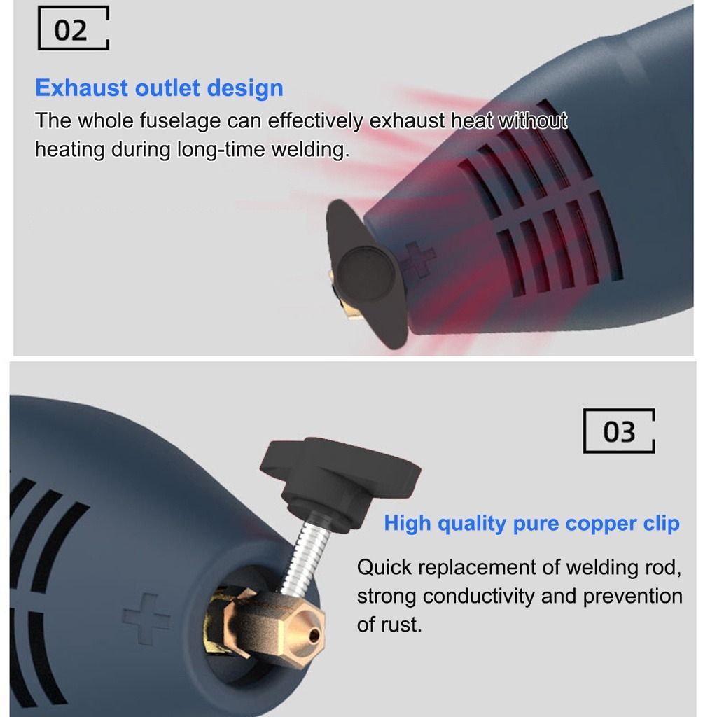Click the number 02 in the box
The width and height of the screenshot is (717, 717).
pos(71,31)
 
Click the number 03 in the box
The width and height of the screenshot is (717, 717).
pos(619,431)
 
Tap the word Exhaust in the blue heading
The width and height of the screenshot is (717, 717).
pos(81,88)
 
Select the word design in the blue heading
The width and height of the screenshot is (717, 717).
pos(245,88)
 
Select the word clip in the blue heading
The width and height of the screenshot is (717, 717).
pos(661,523)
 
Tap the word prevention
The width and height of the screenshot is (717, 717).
pos(632,597)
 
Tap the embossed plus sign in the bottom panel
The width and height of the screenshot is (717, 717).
pos(146,619)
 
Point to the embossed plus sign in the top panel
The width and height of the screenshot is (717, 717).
pos(415,259)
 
